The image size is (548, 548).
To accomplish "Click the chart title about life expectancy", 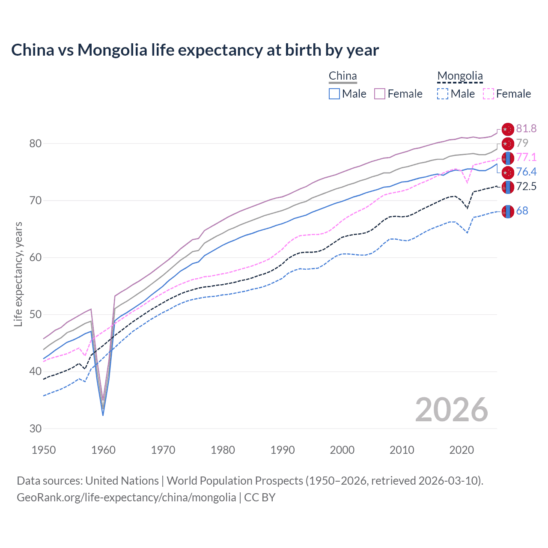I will point(195,50).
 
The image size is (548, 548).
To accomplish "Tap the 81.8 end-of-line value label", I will point(526,128).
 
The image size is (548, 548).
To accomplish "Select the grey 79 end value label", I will point(522,143).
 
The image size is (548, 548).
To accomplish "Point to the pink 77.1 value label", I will point(526,157).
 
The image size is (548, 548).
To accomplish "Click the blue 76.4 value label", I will point(526,172).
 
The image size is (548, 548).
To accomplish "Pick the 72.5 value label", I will point(526,186).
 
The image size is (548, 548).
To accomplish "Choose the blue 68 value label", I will point(522,211).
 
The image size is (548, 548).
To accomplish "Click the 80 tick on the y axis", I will point(36,143).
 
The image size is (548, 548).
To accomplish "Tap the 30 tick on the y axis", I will point(36,429).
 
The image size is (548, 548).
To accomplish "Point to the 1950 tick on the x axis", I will point(44,450).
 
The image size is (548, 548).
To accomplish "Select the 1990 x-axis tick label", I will point(283,450).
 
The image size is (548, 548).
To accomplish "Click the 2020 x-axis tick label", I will point(462,450).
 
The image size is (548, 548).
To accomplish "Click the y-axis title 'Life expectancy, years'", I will point(18,274).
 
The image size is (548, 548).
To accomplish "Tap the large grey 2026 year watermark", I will point(452,410).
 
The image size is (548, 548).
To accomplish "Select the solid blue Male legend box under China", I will point(334,94).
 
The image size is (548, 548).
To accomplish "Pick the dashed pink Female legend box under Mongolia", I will point(488,94).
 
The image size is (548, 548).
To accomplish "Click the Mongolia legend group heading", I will point(460,76).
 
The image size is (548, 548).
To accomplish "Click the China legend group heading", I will point(342,76).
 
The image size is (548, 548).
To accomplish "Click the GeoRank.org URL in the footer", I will point(126,497).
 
